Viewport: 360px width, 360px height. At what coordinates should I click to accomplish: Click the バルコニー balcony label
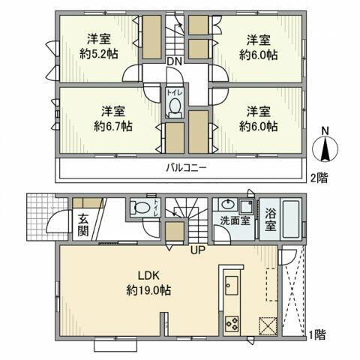[181, 168]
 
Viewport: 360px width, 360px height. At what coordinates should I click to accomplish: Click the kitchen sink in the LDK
[231, 286]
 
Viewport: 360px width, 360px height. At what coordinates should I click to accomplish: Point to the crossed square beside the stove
[268, 325]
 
